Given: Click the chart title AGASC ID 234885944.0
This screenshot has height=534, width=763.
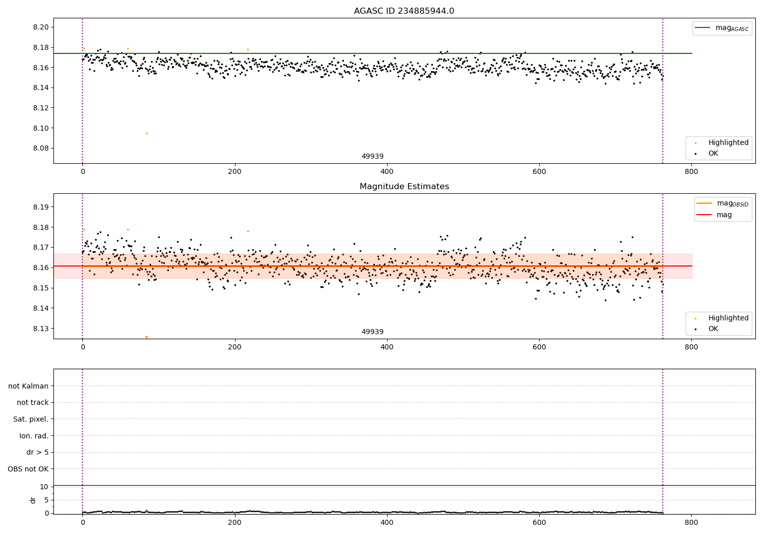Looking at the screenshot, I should coord(404,11).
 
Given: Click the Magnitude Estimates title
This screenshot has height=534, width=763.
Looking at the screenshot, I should coord(404,187).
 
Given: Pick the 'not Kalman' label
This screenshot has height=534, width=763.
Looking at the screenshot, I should coord(28,386).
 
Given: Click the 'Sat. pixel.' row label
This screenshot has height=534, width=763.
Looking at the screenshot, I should coord(31,419).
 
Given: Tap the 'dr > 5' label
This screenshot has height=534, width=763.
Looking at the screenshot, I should coord(38,452).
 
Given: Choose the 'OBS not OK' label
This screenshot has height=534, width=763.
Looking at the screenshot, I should coord(28,469).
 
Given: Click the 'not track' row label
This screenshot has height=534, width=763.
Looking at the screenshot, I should coord(33,402).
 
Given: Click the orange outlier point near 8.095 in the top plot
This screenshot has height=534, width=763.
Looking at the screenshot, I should coord(146,133).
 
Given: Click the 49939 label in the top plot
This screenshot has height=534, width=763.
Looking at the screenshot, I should coord(372,157).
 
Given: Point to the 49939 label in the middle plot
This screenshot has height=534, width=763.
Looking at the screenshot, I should coord(372,332).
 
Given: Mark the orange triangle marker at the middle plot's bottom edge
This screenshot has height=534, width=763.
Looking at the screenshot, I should coord(146,337).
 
